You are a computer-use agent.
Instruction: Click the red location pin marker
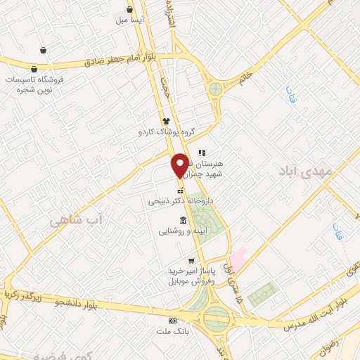180,165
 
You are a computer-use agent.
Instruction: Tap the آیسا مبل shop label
131,21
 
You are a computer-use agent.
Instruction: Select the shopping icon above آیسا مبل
130,9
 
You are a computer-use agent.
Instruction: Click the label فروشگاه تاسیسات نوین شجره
44,84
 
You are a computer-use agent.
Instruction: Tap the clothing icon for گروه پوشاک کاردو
167,121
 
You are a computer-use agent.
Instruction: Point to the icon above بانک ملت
174,321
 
